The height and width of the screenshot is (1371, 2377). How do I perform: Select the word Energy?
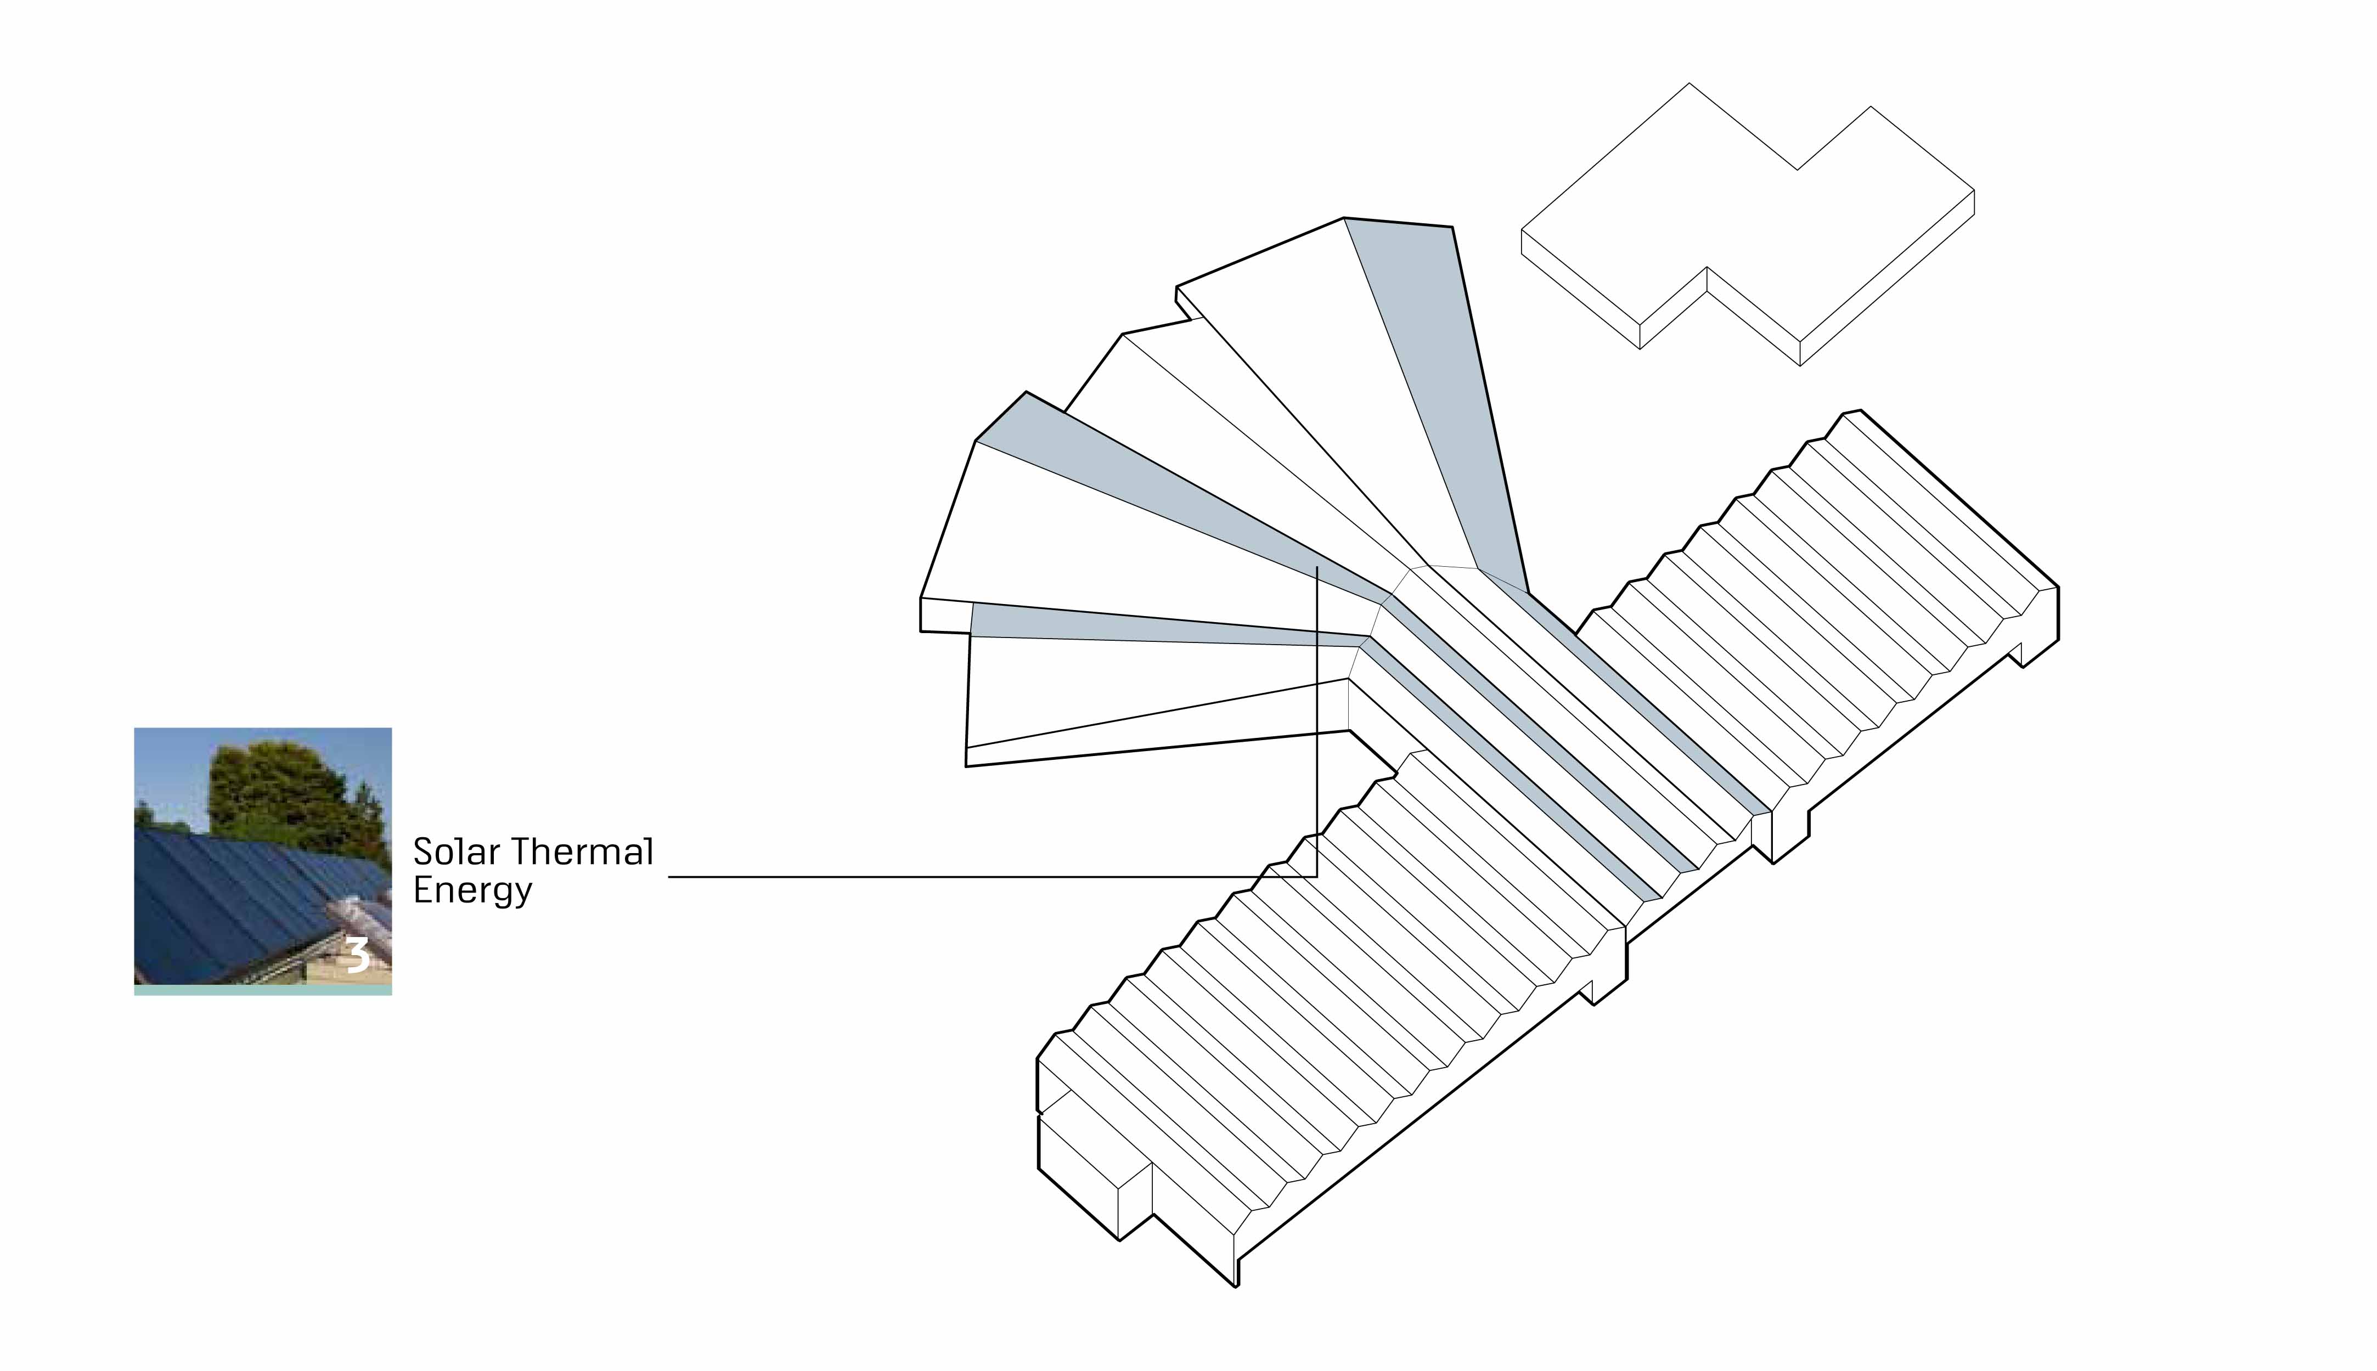[x=473, y=891]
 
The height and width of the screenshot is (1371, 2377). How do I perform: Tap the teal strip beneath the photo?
[x=263, y=991]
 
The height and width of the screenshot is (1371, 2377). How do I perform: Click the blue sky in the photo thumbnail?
[x=170, y=763]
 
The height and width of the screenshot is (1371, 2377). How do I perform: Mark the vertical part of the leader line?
[x=1316, y=722]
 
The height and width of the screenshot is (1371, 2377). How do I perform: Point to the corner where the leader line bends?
[x=1316, y=877]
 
